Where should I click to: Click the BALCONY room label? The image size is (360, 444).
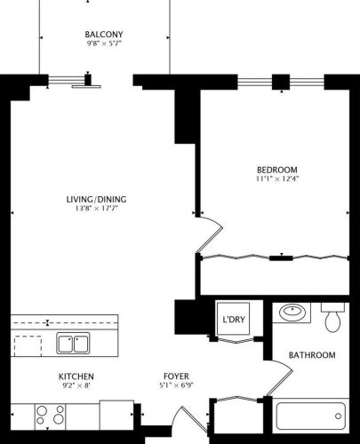point(104,35)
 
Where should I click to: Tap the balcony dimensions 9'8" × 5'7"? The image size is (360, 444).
point(104,44)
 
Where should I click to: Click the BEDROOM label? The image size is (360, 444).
point(276,170)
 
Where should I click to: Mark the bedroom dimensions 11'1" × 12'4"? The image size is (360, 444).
point(276,179)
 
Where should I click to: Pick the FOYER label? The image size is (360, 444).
point(175,377)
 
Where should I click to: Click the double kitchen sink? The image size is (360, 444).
point(72,342)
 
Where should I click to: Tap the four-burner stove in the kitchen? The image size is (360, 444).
point(51,415)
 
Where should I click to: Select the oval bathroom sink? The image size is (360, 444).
point(291,313)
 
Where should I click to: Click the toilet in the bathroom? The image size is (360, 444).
point(333,318)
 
